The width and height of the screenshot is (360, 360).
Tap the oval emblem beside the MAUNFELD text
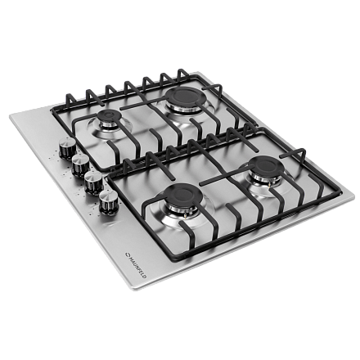coord(128,254)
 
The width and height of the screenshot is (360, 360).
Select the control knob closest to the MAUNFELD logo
coord(108,202)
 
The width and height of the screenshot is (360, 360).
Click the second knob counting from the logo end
coord(93,182)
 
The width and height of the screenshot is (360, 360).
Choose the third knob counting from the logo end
coord(80,164)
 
